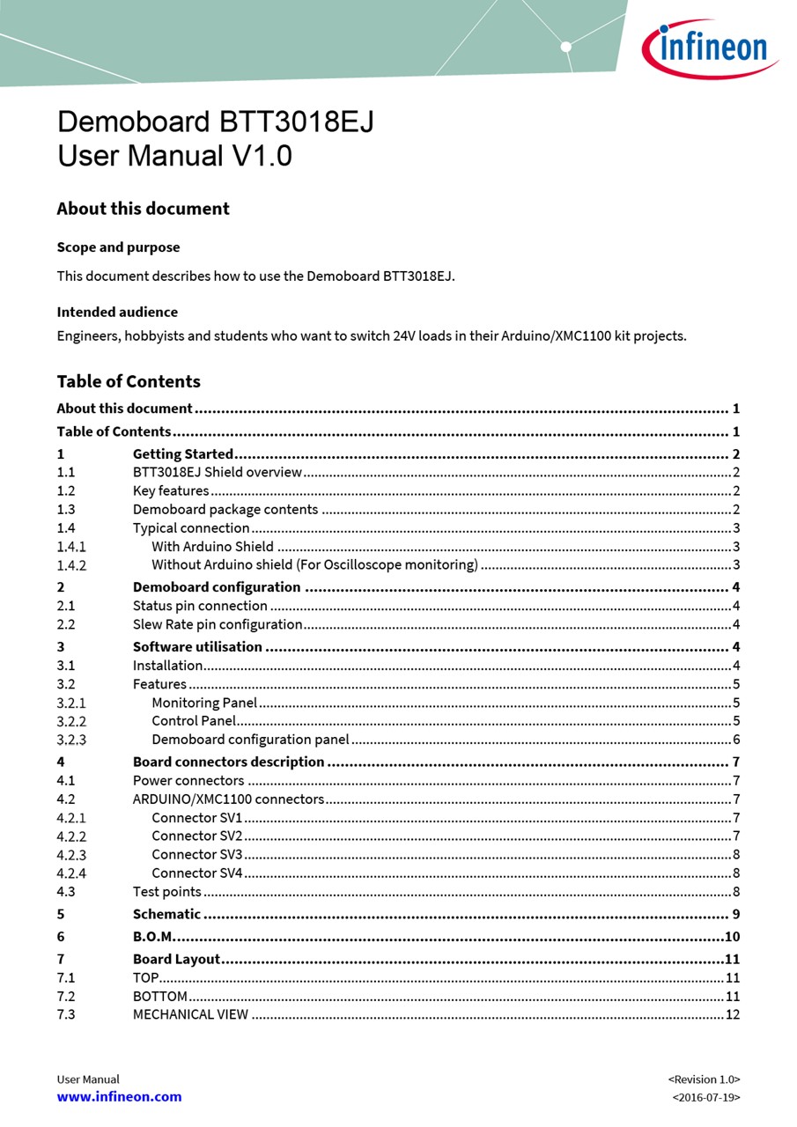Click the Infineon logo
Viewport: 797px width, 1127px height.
[x=709, y=48]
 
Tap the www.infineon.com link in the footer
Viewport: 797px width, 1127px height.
[x=119, y=1097]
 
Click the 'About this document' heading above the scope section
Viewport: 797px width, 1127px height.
[x=143, y=209]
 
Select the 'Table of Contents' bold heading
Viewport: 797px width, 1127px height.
[x=129, y=381]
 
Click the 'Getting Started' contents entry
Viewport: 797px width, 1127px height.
[x=183, y=454]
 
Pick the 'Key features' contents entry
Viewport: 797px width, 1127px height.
[x=171, y=491]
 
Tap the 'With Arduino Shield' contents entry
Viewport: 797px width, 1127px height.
[x=212, y=547]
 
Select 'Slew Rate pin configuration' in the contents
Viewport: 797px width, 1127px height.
[x=218, y=624]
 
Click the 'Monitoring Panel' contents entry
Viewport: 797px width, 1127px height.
[x=204, y=703]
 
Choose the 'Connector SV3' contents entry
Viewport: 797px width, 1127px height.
[x=196, y=855]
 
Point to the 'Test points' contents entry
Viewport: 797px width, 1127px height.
[x=167, y=892]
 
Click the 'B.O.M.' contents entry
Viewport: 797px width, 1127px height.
[x=153, y=937]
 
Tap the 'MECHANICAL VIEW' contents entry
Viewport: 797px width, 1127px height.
[x=190, y=1015]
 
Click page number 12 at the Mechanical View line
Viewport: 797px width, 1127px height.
[x=733, y=1015]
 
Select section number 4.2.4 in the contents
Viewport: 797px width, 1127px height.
[x=71, y=873]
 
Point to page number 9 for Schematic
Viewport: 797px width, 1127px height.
[x=736, y=914]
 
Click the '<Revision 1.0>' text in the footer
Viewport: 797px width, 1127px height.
[x=704, y=1079]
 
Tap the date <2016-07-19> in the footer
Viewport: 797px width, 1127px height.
[x=705, y=1098]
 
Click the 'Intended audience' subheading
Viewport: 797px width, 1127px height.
[x=117, y=312]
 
